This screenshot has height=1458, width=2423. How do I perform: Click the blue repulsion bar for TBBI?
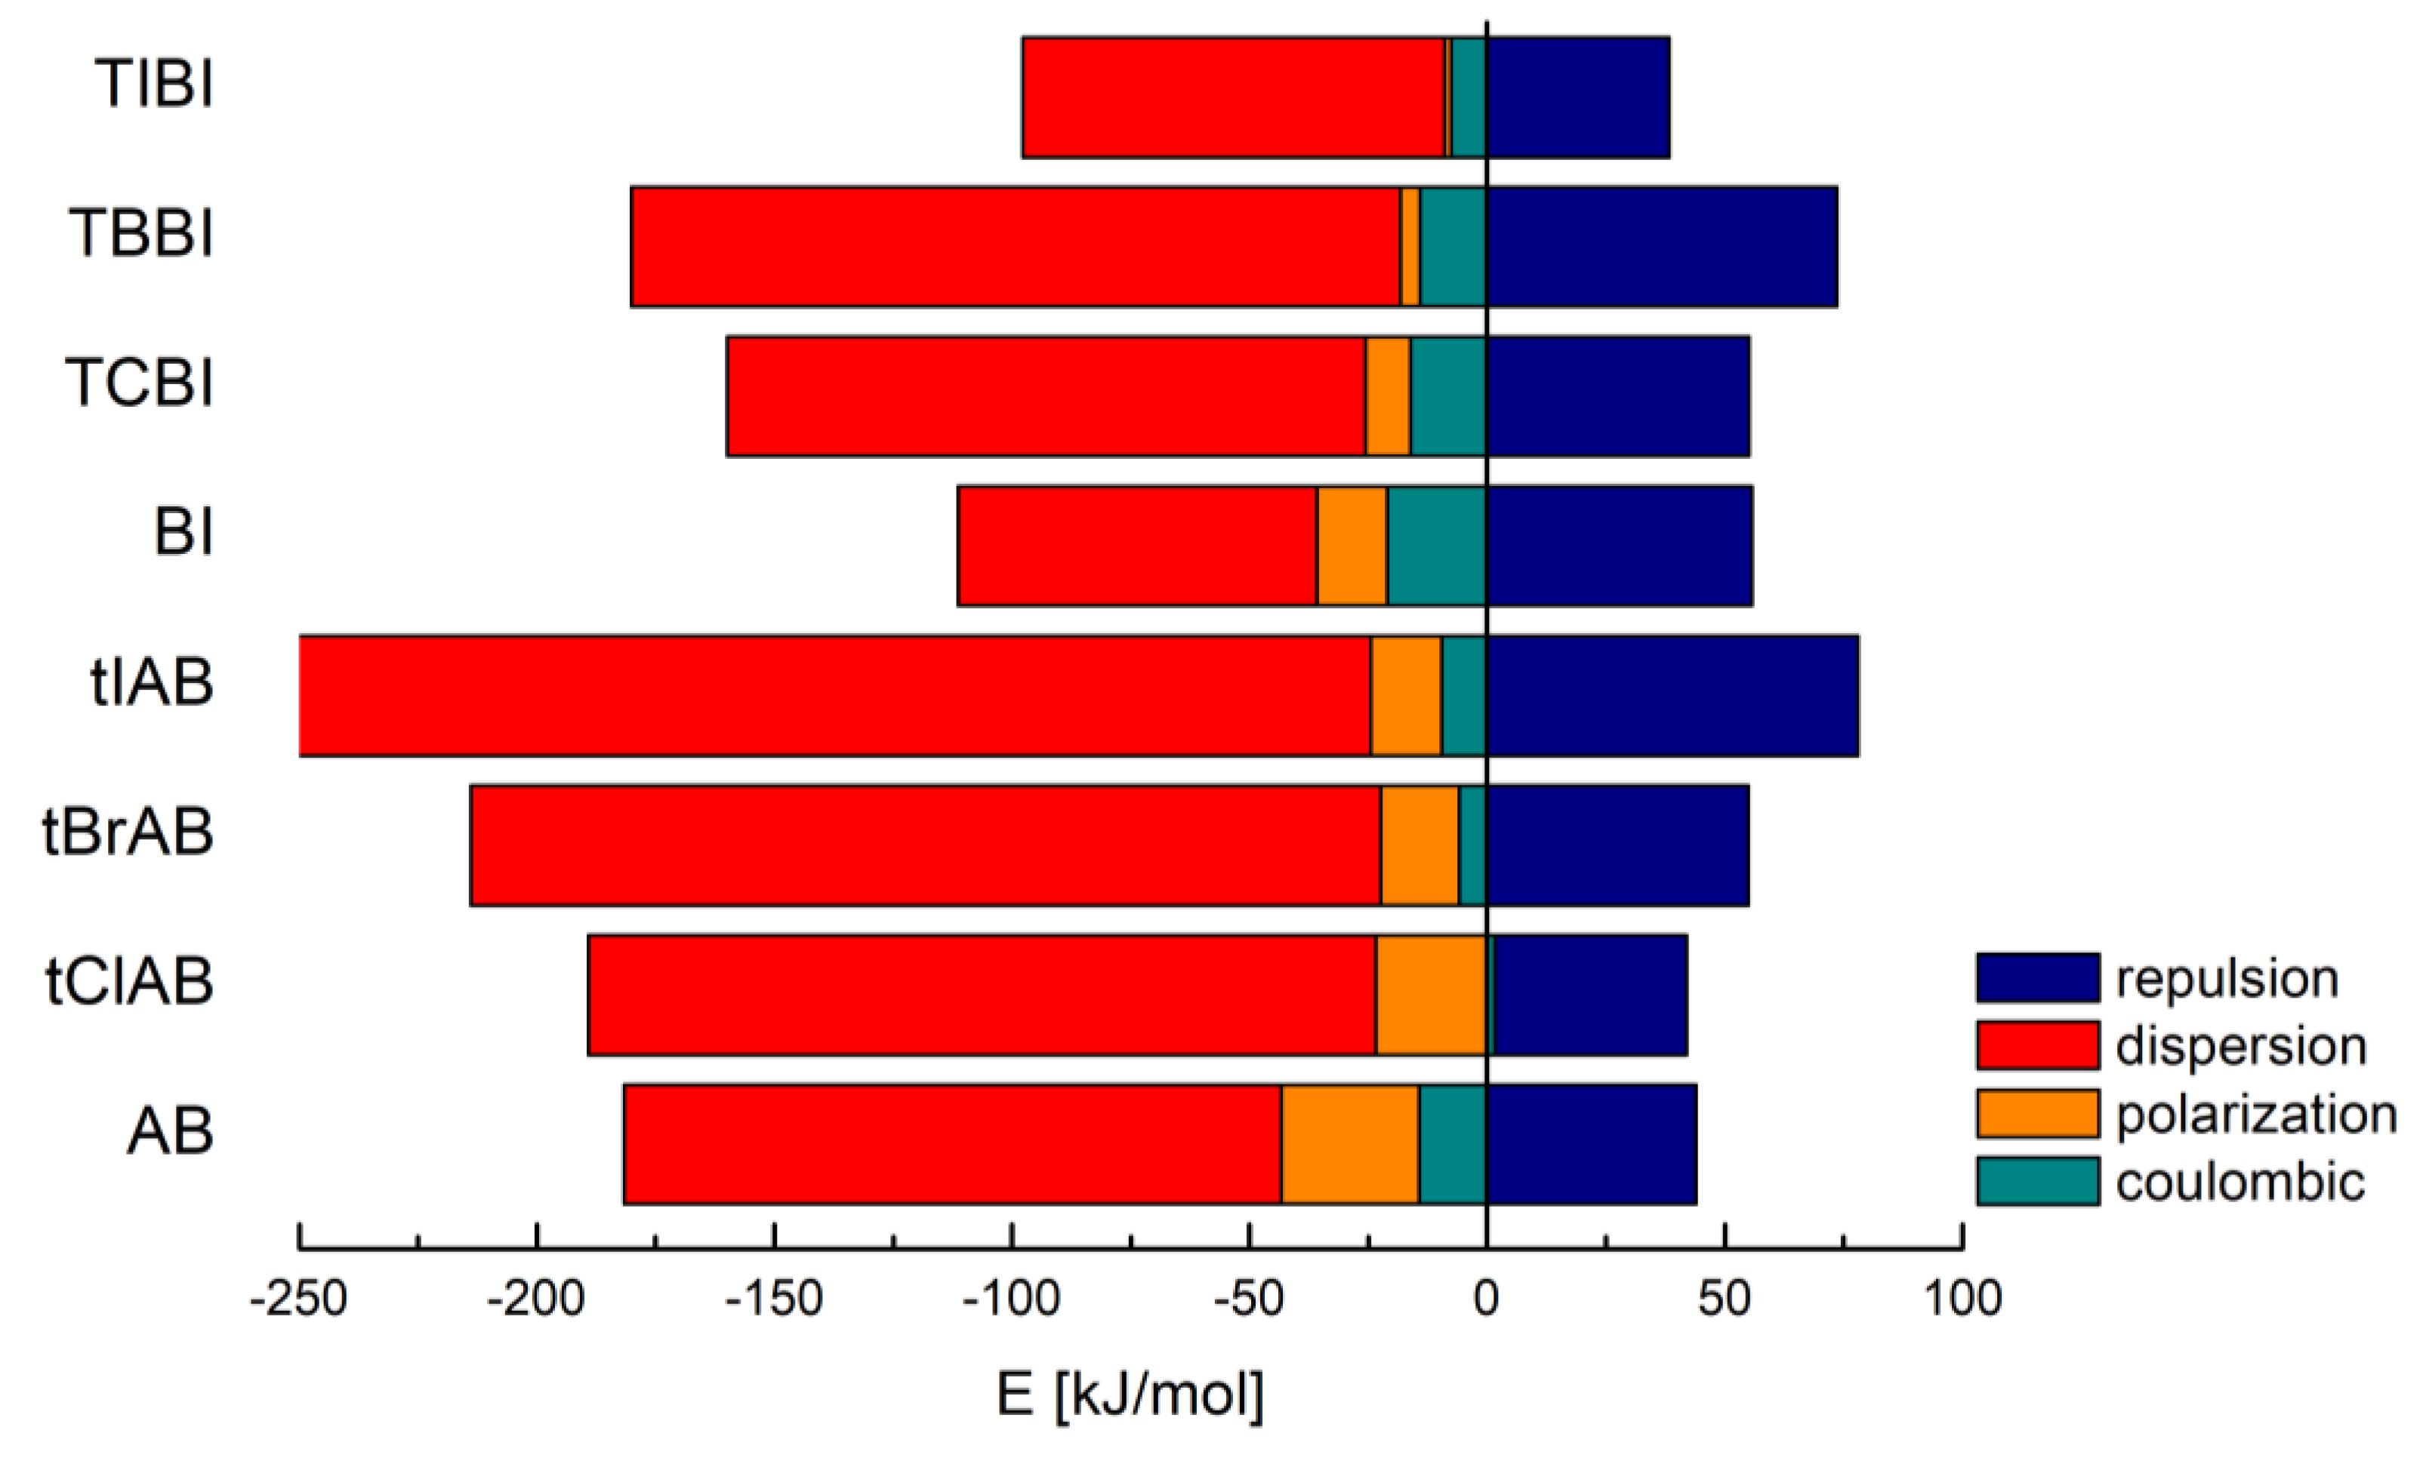(x=1661, y=247)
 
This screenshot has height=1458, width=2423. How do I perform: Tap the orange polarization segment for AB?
(x=1349, y=1143)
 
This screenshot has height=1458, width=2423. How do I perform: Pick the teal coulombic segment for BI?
(x=1436, y=546)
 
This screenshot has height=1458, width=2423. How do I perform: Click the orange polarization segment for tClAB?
(x=1430, y=995)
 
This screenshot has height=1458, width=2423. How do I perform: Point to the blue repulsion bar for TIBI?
(x=1577, y=97)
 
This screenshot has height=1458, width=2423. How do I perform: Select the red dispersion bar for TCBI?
(x=1045, y=396)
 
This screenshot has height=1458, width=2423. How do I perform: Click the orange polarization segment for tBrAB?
(x=1420, y=845)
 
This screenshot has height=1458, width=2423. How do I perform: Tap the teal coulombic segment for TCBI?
(x=1448, y=396)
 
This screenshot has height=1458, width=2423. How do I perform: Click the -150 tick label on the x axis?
(x=774, y=1299)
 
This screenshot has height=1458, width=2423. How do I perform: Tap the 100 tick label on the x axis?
(x=1962, y=1299)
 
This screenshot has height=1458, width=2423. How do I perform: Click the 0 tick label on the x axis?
(x=1486, y=1299)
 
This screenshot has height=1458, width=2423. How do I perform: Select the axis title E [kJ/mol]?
(x=1130, y=1393)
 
